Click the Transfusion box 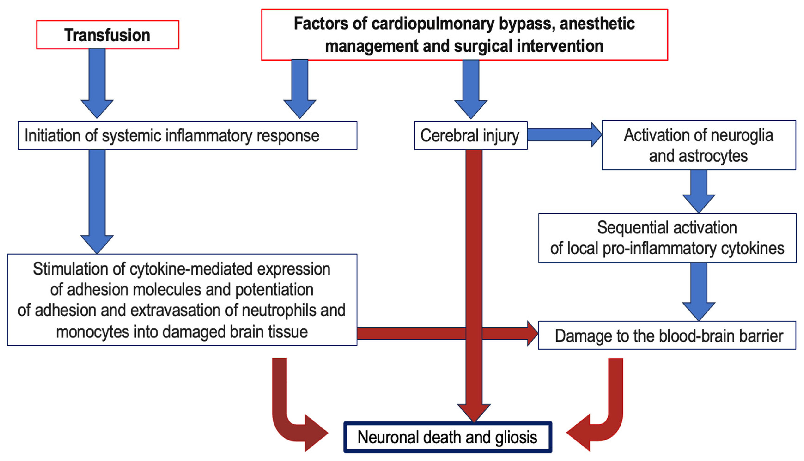point(108,35)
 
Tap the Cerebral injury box point(470,135)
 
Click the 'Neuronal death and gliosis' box point(447,437)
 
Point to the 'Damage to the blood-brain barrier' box point(667,336)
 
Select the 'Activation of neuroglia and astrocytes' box point(699,145)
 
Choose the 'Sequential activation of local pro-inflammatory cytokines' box point(667,238)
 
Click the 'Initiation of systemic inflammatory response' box point(187,135)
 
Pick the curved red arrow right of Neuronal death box point(598,418)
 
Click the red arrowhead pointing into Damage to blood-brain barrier point(532,333)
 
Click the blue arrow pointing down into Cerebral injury point(471,89)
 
